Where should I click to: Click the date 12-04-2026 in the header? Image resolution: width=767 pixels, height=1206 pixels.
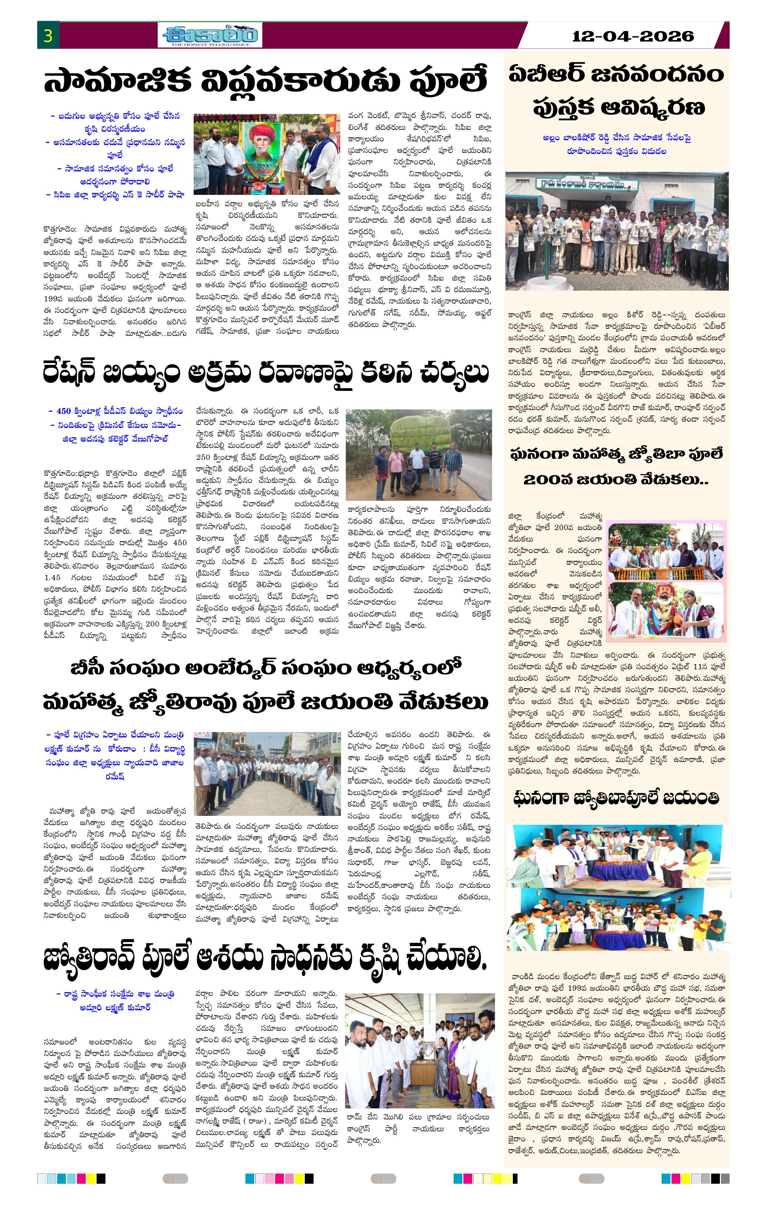coord(633,36)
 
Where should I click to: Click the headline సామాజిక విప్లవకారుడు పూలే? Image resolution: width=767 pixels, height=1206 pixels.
coord(265,82)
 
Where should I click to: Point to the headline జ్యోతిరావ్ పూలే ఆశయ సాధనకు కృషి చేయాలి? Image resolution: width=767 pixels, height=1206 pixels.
coord(265,958)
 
